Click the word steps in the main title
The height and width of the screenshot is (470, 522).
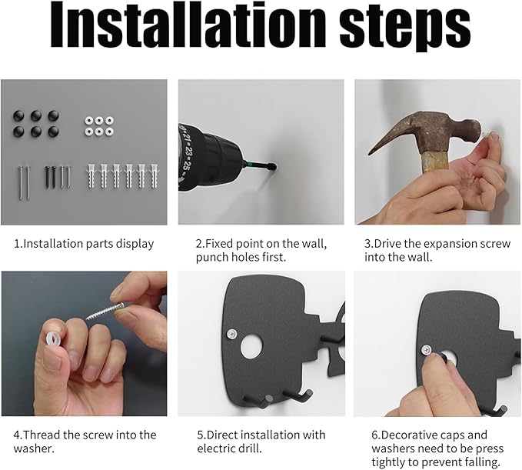click(405, 28)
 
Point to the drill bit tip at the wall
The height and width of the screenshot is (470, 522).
click(274, 166)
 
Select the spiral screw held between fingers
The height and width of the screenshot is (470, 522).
click(106, 310)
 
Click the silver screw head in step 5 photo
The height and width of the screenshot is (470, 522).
click(231, 333)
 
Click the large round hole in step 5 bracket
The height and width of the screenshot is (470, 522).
click(252, 346)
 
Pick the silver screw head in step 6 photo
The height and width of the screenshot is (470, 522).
click(427, 350)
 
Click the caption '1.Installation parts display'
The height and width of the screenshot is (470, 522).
click(84, 244)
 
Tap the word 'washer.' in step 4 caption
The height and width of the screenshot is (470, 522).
click(34, 448)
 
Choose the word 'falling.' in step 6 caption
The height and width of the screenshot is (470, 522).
click(480, 462)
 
